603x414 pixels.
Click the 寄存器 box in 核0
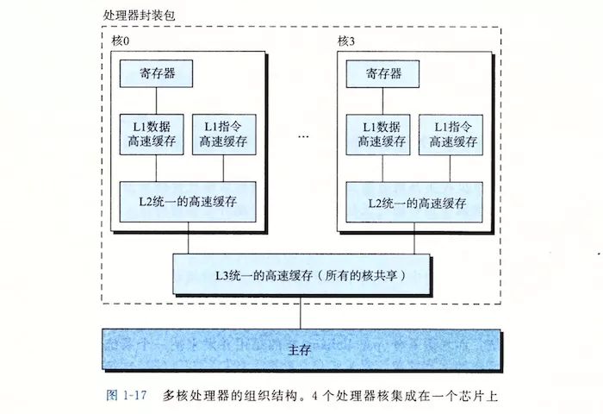point(155,74)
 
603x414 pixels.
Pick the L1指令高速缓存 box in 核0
point(222,135)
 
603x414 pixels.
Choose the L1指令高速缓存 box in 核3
point(448,135)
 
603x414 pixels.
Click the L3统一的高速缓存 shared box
point(300,275)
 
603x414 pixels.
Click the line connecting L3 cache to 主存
point(299,312)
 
